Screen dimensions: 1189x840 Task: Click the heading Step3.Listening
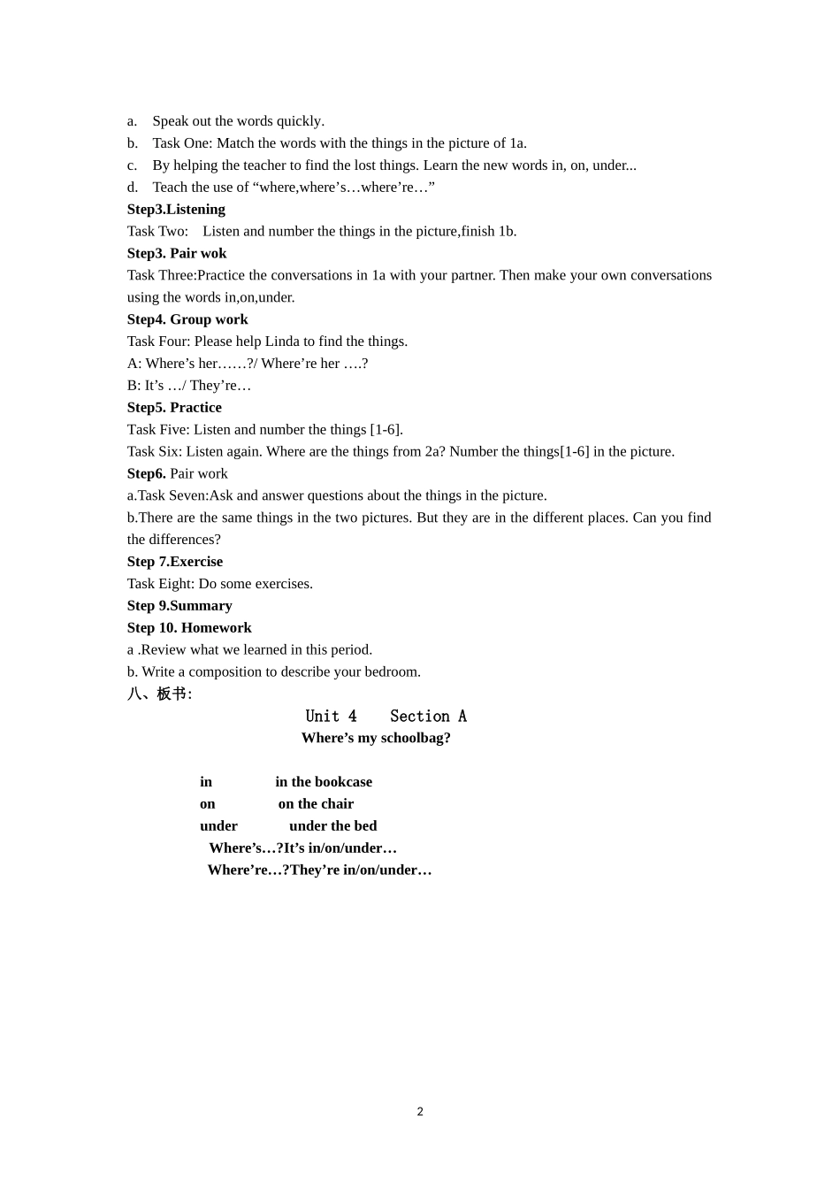176,210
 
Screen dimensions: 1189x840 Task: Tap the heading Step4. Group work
187,319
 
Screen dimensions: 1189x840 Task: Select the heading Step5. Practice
174,408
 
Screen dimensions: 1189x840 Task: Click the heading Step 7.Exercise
175,562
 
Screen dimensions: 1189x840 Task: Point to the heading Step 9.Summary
179,606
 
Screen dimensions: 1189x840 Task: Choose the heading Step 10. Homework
189,628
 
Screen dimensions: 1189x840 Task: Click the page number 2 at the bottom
420,1112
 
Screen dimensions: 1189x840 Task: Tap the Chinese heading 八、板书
159,694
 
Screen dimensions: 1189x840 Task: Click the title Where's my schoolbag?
376,738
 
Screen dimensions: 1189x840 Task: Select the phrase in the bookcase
324,782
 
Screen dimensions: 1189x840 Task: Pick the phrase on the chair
316,804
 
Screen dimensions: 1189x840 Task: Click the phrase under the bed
332,826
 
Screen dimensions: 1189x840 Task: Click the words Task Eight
160,584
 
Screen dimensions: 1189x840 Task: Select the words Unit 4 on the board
332,717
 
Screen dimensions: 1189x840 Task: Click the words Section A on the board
428,717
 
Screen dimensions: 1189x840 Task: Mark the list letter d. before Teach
133,188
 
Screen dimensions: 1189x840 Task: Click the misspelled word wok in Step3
213,254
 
